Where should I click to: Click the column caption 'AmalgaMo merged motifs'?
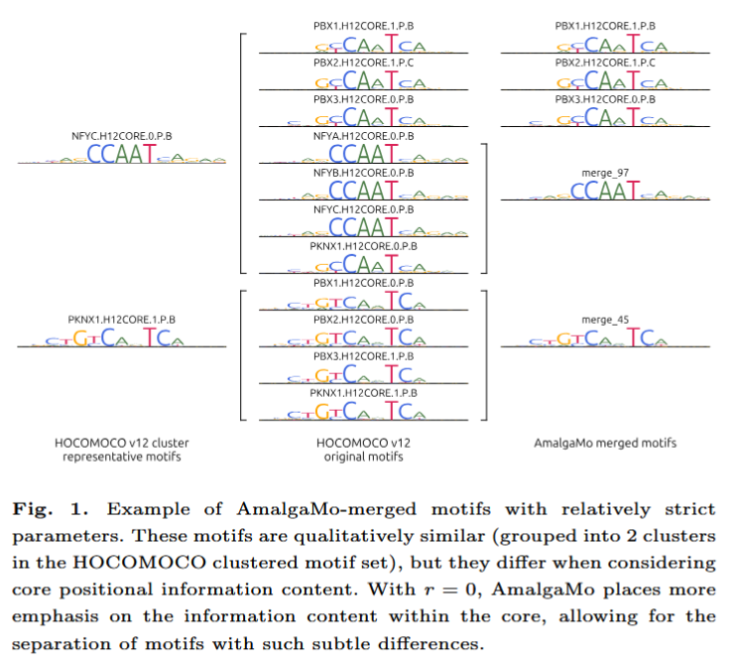(x=605, y=443)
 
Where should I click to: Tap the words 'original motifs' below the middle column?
(x=363, y=458)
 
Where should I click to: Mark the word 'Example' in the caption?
(x=139, y=510)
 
